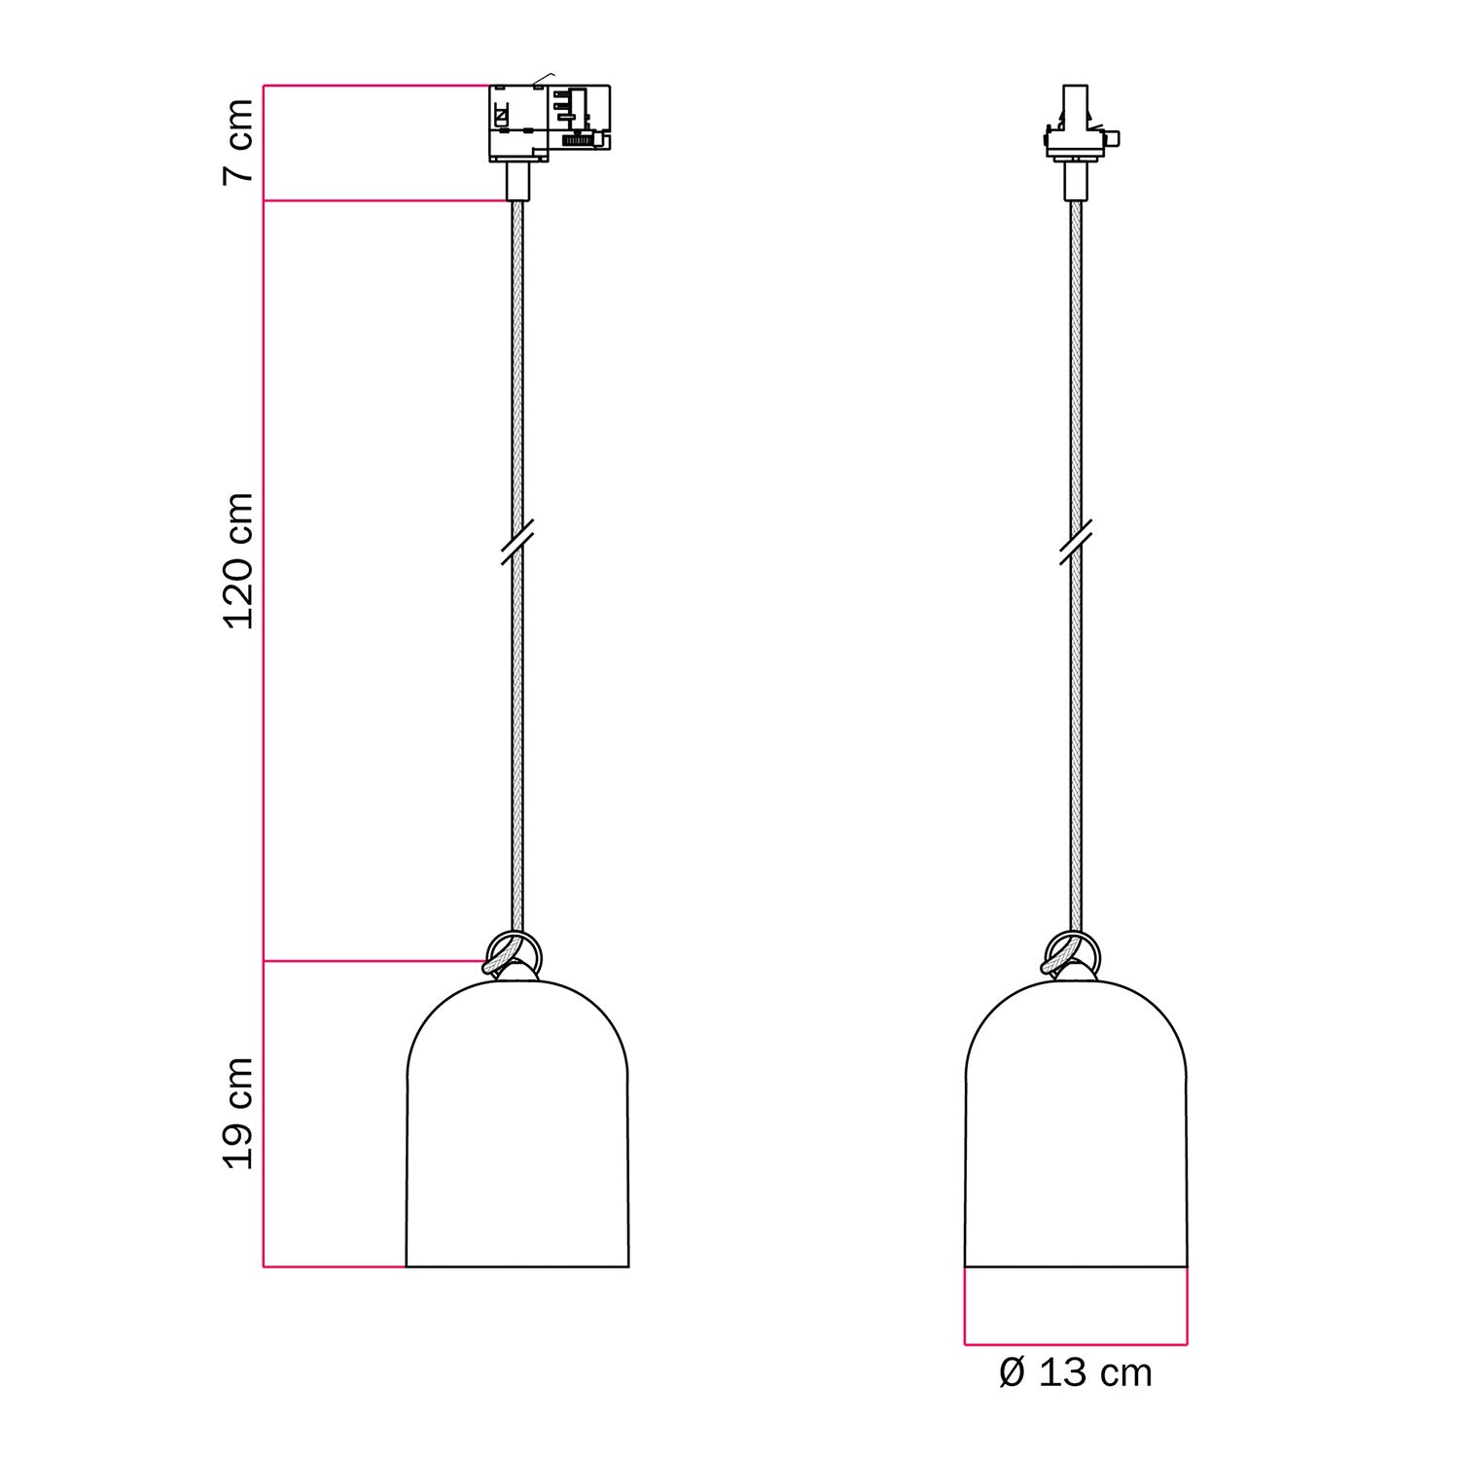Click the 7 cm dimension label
(x=238, y=141)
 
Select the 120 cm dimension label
(x=238, y=561)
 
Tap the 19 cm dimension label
(x=238, y=1113)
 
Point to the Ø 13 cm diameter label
(x=1076, y=1373)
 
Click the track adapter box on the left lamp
(x=549, y=123)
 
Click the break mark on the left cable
(x=517, y=542)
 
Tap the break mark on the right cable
(x=1076, y=542)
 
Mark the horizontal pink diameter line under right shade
(x=1076, y=1345)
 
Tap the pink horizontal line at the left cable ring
(x=374, y=961)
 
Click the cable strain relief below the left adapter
(x=517, y=181)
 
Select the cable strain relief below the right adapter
(x=1076, y=181)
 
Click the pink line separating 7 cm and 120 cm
(x=384, y=201)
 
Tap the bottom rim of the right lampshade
(x=1076, y=1267)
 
